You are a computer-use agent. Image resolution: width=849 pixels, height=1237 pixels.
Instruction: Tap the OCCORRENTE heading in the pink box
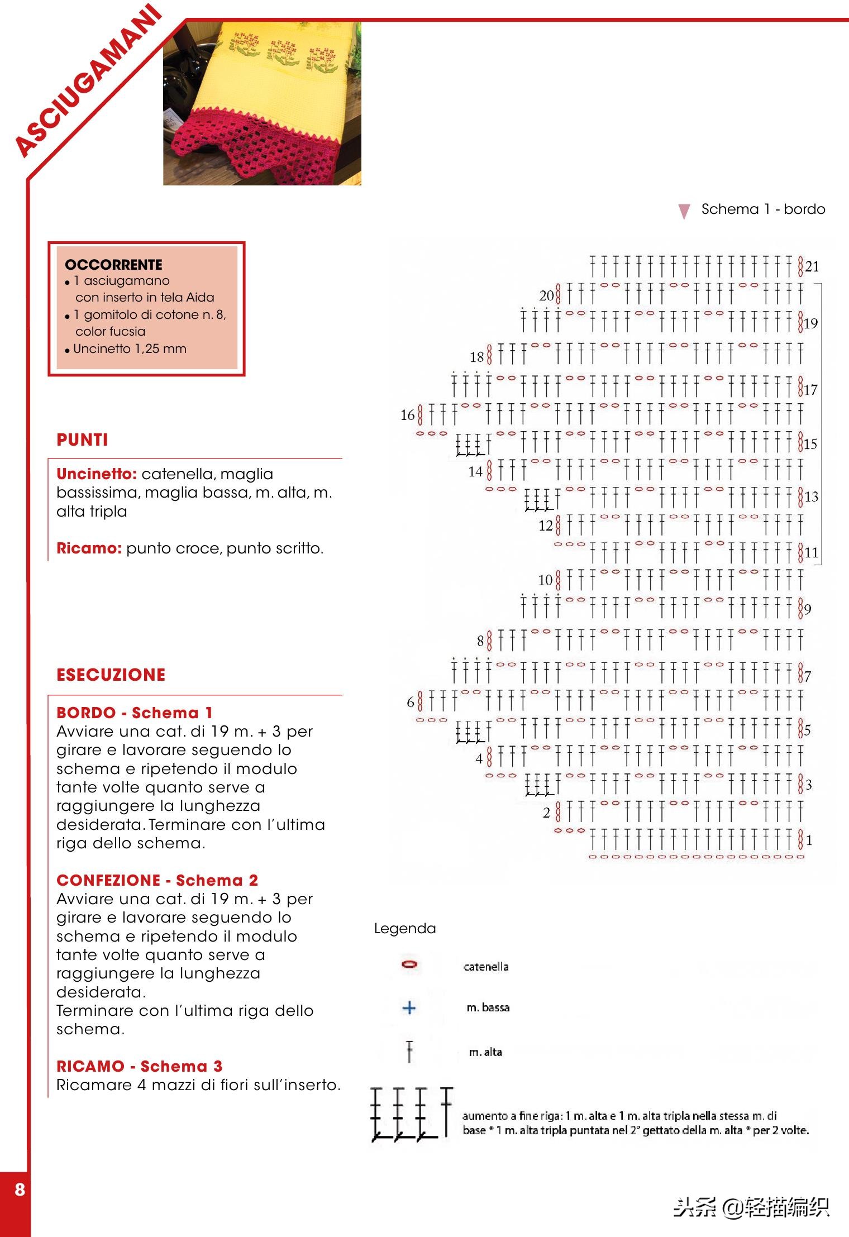click(x=113, y=264)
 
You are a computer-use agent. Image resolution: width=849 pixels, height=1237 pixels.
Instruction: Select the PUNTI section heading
click(x=82, y=440)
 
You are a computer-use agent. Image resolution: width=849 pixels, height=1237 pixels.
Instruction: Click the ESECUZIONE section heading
click(x=111, y=675)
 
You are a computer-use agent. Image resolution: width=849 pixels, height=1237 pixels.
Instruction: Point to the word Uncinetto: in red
click(x=97, y=474)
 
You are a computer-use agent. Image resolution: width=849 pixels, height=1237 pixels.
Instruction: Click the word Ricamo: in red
click(x=89, y=548)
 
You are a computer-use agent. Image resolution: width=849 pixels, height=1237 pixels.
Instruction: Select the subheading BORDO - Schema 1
click(x=134, y=713)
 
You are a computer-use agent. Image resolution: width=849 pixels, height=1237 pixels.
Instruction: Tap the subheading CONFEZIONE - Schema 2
click(x=157, y=880)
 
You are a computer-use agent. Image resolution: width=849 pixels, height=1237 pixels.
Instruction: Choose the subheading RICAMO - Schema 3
click(x=139, y=1066)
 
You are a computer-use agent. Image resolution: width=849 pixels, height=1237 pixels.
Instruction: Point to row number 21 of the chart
click(x=812, y=266)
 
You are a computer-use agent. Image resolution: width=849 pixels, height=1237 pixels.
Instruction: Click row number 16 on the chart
click(x=407, y=415)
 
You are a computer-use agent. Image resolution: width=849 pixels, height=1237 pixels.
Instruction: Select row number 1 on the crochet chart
click(x=809, y=840)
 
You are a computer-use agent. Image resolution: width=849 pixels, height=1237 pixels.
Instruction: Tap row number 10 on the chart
click(x=545, y=580)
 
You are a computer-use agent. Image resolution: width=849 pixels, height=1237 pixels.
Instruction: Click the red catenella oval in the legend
click(x=409, y=964)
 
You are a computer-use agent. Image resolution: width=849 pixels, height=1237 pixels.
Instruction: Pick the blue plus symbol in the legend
click(x=409, y=1007)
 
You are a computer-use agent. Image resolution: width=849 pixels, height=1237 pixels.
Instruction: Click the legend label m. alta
click(x=485, y=1052)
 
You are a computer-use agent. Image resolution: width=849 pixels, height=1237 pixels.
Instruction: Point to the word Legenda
click(x=404, y=928)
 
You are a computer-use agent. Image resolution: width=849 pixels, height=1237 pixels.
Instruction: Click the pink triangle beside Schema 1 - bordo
click(x=684, y=211)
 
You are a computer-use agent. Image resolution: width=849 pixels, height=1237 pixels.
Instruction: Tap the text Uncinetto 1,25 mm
click(x=130, y=349)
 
